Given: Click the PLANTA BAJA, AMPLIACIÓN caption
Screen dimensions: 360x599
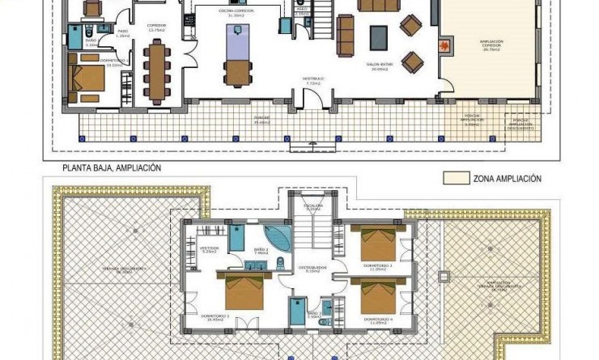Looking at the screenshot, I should [x=113, y=168].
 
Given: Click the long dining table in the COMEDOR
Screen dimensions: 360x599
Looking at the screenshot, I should [x=157, y=70].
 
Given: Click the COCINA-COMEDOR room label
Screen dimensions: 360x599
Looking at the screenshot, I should [x=236, y=12].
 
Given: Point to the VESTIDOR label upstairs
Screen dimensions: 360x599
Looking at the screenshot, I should [x=210, y=250].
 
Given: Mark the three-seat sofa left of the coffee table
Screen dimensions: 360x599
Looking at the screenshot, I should [x=346, y=36].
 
